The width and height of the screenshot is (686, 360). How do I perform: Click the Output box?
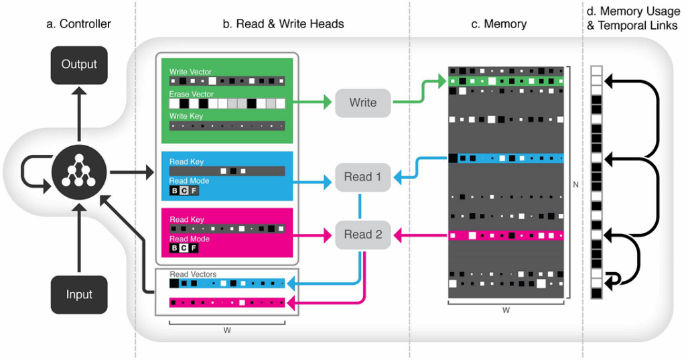tap(79, 65)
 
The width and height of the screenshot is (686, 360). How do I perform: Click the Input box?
tap(79, 295)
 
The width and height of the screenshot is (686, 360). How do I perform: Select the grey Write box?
tap(362, 103)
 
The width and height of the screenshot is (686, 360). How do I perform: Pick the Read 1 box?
tap(362, 177)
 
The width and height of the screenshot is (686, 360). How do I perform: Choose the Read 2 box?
tap(362, 235)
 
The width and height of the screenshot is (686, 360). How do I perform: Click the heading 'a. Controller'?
tap(78, 24)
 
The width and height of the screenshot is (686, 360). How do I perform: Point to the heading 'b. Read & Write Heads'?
tap(283, 24)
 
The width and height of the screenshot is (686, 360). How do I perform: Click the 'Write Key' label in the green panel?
tap(186, 117)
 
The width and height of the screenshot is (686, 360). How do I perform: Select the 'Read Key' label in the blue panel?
tap(186, 162)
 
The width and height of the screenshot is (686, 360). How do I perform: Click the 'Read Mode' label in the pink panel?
tap(189, 239)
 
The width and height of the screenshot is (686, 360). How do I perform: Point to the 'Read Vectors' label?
tap(193, 274)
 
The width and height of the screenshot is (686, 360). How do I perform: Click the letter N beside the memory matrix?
tap(576, 184)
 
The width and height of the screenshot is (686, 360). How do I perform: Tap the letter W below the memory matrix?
tap(506, 310)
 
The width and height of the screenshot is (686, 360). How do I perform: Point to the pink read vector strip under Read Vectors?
tap(227, 303)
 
